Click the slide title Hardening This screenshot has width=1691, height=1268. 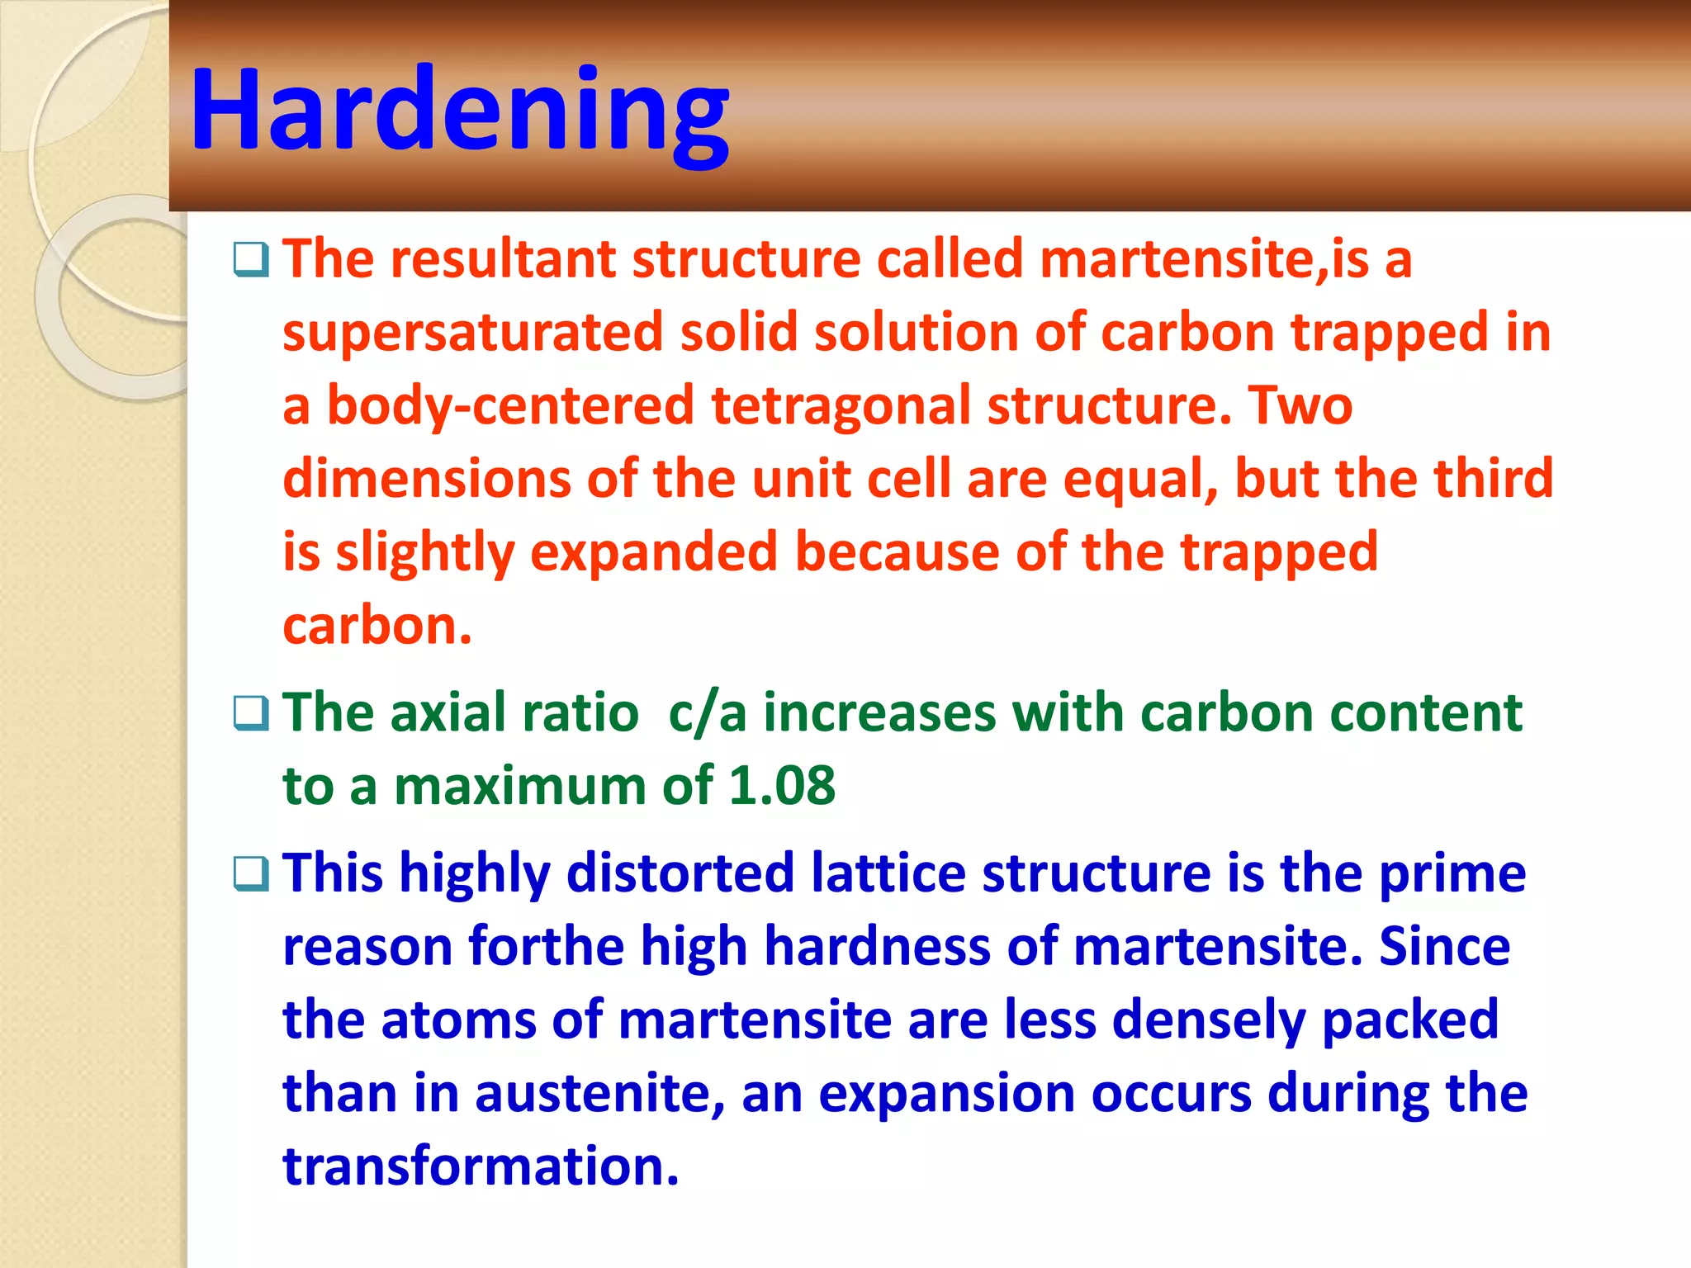click(459, 110)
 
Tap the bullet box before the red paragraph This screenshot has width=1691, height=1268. click(251, 260)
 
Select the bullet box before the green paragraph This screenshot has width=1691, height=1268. click(251, 713)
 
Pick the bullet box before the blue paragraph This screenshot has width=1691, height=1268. click(251, 874)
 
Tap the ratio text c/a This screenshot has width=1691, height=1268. click(707, 713)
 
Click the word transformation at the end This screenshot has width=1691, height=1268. click(481, 1166)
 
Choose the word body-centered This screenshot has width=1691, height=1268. click(510, 405)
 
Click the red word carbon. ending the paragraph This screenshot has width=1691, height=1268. click(377, 626)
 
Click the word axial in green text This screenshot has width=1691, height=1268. click(447, 712)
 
